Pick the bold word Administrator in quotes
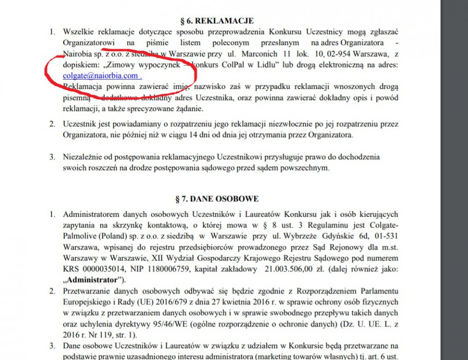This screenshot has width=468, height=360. (93, 280)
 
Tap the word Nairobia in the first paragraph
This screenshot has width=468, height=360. (77, 53)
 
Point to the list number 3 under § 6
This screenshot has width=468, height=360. (52, 156)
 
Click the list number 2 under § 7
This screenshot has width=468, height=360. (52, 291)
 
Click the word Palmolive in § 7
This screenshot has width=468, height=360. (80, 235)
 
